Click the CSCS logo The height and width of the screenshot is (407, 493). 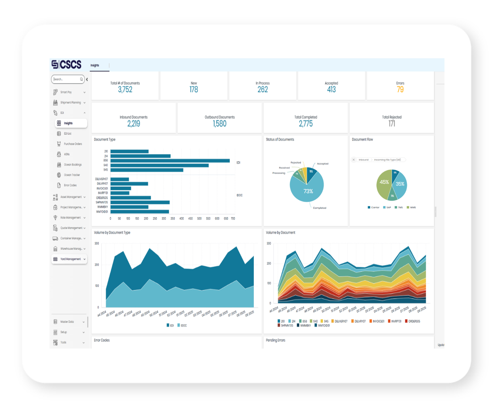tap(67, 64)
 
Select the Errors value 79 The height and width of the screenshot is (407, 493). tap(400, 90)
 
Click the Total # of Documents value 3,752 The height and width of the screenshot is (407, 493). tap(125, 90)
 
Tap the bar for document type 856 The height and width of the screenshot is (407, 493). tap(170, 161)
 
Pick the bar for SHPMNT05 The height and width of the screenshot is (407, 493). tap(140, 203)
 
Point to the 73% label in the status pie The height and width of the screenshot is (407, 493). tap(308, 191)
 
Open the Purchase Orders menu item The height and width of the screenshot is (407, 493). tap(73, 144)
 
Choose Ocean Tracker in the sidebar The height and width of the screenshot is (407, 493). tap(72, 175)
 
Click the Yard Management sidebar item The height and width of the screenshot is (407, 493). tap(70, 259)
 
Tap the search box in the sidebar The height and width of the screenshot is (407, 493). tap(66, 79)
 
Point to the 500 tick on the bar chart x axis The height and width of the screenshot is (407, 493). tap(199, 219)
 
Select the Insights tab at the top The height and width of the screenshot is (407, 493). tap(95, 65)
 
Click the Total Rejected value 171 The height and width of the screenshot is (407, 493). tap(392, 124)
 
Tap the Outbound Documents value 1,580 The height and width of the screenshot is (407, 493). tap(219, 124)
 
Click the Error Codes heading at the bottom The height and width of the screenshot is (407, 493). tap(102, 340)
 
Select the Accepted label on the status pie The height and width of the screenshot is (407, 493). tap(323, 164)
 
